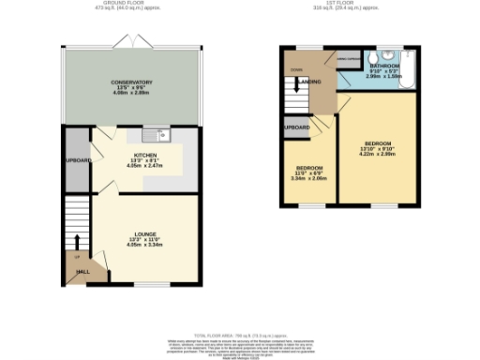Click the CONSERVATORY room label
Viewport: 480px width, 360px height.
[131, 82]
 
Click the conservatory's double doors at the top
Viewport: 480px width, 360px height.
[126, 42]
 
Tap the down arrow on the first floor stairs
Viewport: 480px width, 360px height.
[296, 71]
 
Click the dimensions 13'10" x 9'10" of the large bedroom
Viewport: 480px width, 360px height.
[377, 151]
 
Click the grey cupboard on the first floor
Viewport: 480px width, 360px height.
[297, 127]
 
